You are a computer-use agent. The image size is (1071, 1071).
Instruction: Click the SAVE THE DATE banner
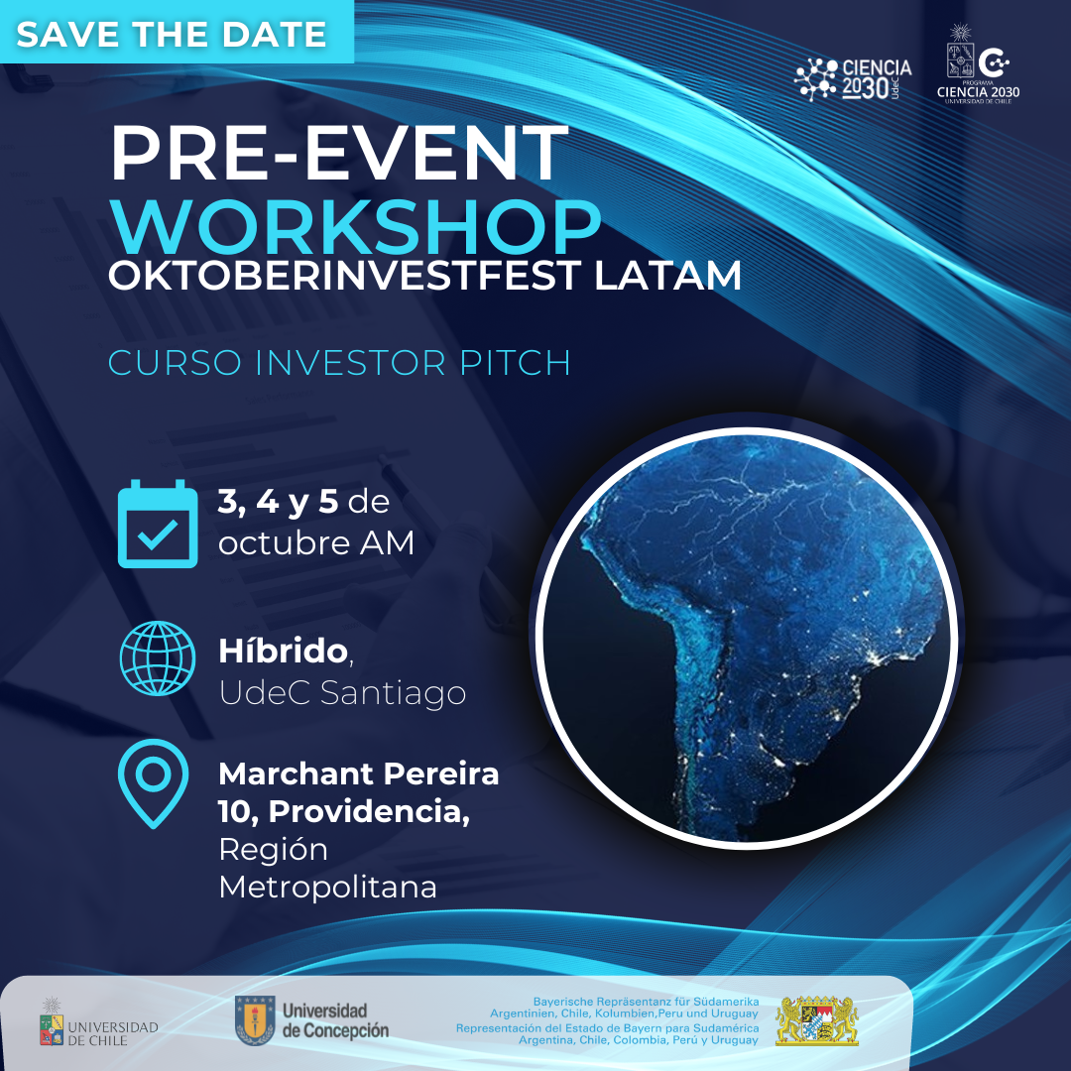coord(177,32)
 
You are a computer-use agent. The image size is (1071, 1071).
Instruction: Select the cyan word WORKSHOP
coord(356,227)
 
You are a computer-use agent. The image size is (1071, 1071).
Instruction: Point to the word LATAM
coord(667,276)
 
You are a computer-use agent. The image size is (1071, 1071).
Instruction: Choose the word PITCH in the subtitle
coord(515,363)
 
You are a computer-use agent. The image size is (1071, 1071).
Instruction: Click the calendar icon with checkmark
coord(158,524)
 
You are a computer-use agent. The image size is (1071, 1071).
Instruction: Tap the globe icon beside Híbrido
coord(158,658)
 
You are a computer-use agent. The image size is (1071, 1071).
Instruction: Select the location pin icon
coord(153,783)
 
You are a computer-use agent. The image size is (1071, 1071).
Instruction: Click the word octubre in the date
coord(285,543)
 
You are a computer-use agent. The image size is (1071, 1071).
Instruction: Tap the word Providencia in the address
coord(368,811)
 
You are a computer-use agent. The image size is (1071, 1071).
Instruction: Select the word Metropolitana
coord(328,888)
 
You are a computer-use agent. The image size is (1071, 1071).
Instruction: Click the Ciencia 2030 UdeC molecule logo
coord(853,79)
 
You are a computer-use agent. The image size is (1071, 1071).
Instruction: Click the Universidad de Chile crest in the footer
coord(52,1022)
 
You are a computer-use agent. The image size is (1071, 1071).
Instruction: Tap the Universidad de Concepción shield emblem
coord(255,1019)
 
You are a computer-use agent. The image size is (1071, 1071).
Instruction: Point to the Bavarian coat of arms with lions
coord(817,1020)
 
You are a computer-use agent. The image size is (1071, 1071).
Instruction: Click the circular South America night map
coord(747,638)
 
